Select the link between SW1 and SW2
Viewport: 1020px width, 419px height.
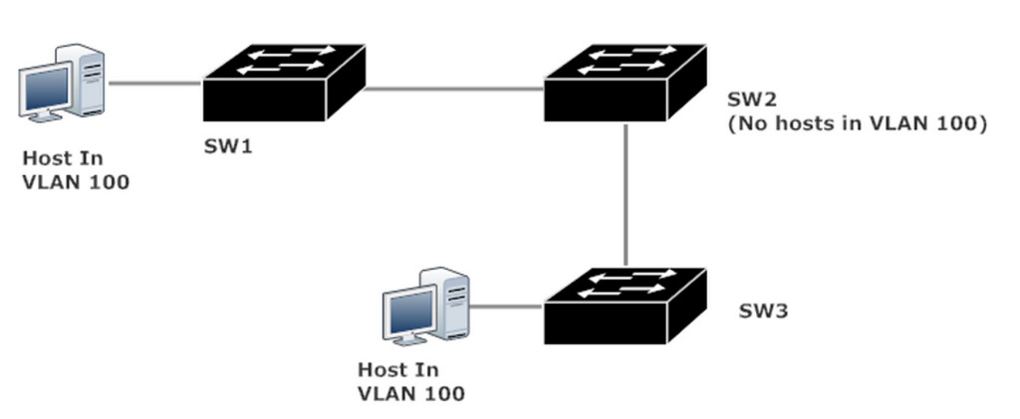[454, 88]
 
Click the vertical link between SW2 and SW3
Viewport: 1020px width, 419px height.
[626, 194]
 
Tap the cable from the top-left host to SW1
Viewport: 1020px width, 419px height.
[154, 84]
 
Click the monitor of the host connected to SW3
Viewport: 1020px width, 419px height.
[411, 314]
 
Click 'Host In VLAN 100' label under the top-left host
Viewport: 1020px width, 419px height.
[76, 170]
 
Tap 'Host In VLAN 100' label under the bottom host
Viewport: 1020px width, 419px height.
[410, 381]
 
